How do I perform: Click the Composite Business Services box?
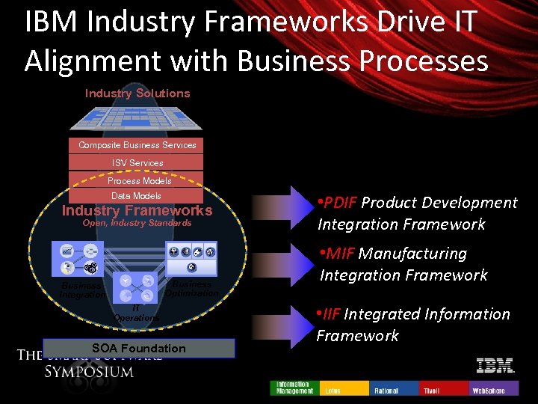point(137,145)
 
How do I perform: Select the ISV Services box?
point(137,162)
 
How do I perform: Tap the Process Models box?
point(139,180)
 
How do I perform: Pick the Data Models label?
point(136,196)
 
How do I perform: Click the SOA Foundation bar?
point(138,348)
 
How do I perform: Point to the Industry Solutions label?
point(137,94)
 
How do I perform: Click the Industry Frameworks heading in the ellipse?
point(137,211)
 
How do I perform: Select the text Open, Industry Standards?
point(137,223)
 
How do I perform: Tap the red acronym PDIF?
point(340,203)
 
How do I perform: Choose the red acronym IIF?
point(332,314)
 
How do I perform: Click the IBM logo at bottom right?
point(495,366)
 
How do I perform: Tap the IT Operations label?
point(136,313)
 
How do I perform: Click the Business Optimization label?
point(191,289)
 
